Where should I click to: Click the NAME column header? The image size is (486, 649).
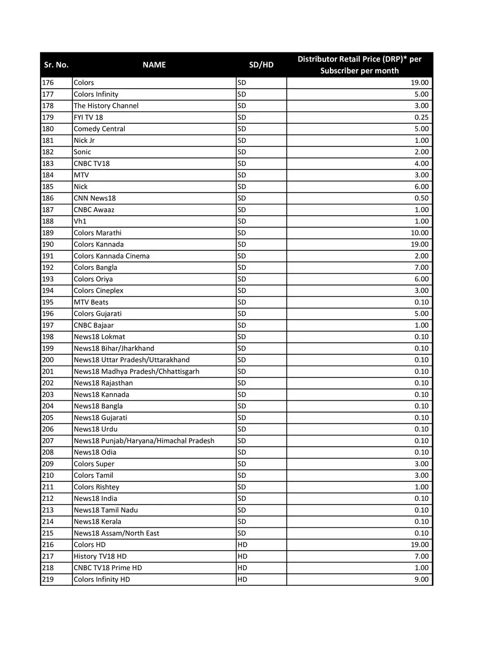pos(154,65)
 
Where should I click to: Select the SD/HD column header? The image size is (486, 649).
pos(261,65)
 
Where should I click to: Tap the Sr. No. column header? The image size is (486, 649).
pos(56,65)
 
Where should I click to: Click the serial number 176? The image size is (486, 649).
pos(48,83)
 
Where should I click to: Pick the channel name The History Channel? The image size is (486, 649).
pos(106,106)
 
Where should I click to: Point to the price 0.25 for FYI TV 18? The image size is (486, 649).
pos(421,117)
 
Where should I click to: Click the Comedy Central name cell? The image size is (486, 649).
pos(99,129)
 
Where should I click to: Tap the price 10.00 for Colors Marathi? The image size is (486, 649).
pos(420,233)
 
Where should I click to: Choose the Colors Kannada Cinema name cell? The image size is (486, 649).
pos(112,256)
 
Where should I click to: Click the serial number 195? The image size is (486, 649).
pos(48,302)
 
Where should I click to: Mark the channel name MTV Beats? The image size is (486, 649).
pos(91,302)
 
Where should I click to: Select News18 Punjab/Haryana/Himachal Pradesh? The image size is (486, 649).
pos(144,441)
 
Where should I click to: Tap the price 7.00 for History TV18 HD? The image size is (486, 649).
pos(421,556)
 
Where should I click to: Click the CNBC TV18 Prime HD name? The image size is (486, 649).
pos(108,568)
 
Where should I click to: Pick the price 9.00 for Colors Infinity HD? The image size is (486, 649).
pos(421,579)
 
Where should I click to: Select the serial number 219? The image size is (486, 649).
pos(48,579)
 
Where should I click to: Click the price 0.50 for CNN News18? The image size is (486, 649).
pos(421,198)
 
